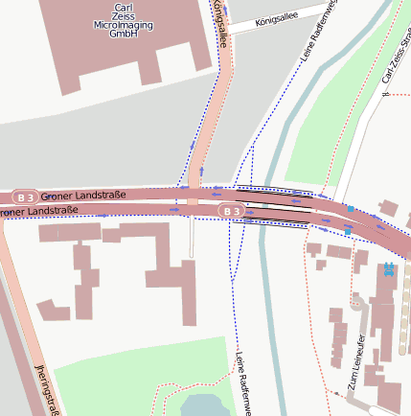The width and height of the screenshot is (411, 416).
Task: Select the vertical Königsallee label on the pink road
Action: [x=219, y=24]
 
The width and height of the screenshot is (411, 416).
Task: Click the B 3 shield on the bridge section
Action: [x=228, y=210]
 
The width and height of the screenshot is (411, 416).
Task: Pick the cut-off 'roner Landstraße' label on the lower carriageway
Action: [x=38, y=211]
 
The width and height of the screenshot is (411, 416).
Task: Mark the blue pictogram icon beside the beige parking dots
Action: [x=388, y=269]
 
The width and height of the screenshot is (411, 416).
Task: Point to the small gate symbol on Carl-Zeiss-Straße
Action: [x=383, y=93]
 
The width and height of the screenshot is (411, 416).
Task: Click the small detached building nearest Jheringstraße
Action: [x=53, y=310]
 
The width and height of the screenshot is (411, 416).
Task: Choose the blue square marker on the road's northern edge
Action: [x=351, y=208]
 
